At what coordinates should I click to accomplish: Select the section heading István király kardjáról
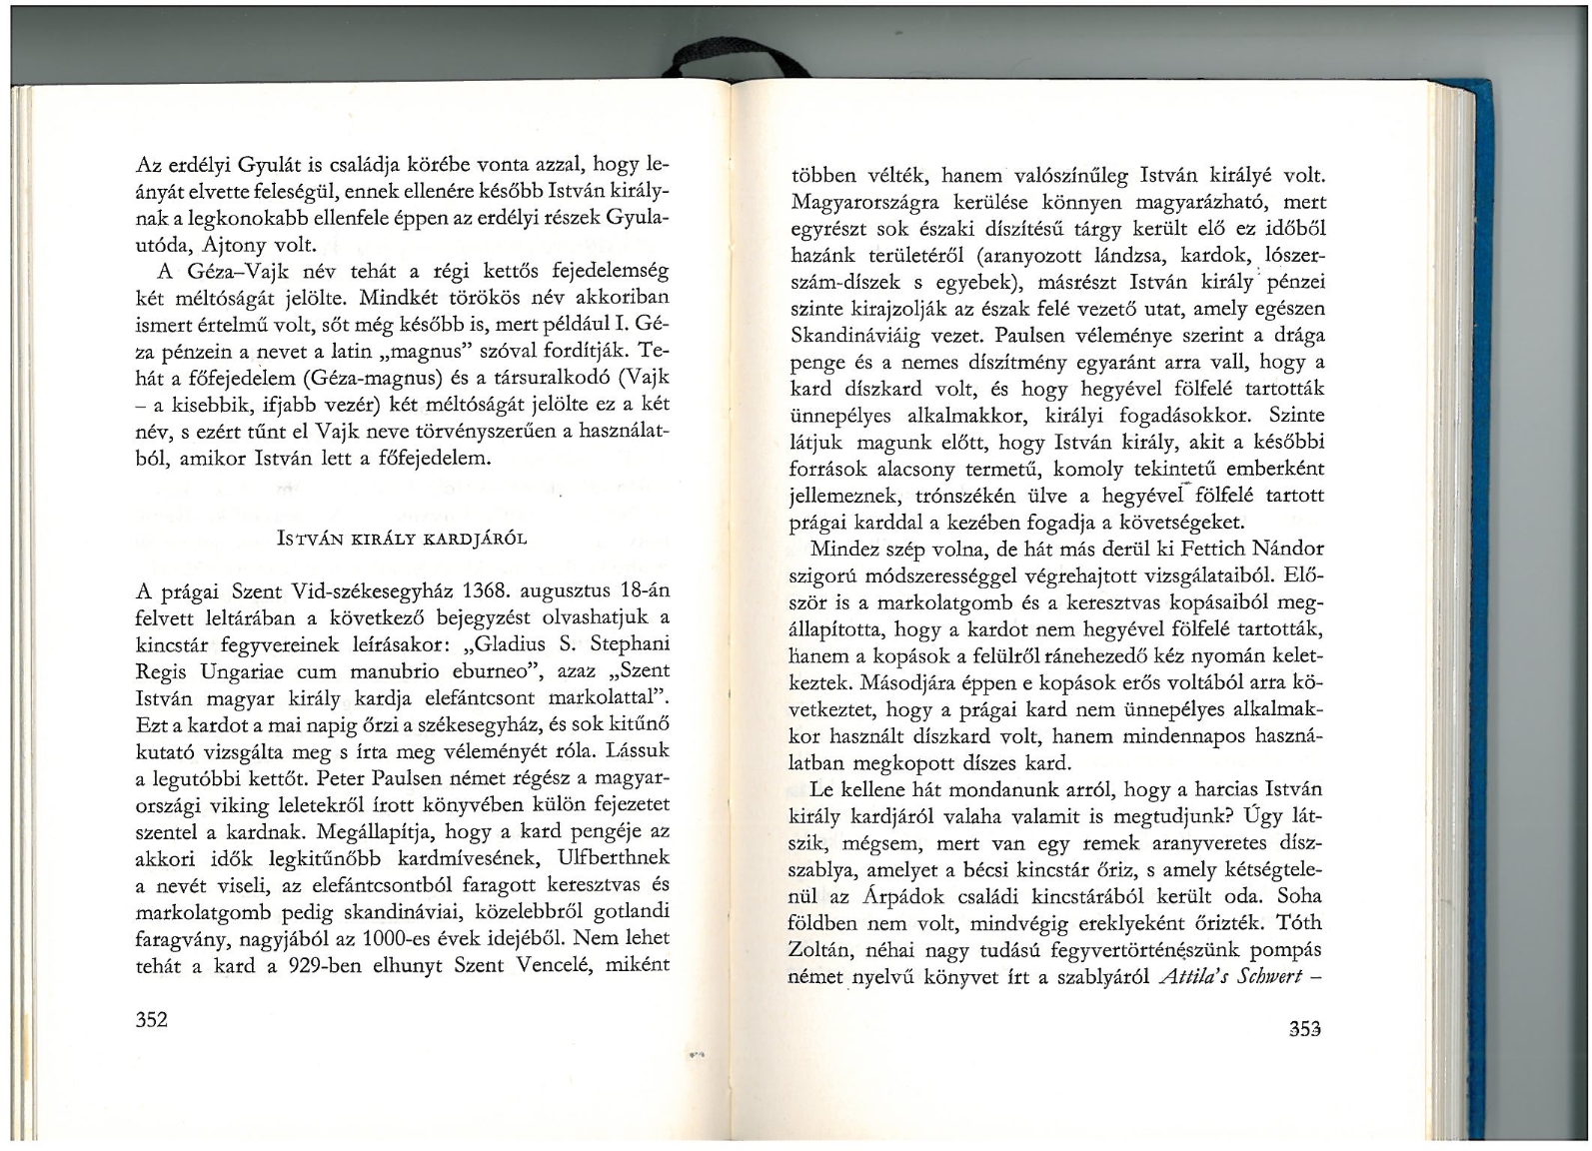point(402,539)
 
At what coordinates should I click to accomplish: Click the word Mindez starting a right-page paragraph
point(847,549)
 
